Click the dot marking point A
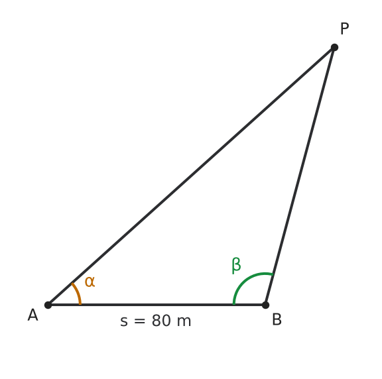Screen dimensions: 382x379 pos(48,305)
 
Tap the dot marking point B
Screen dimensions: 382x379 pos(265,305)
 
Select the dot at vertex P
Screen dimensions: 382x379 pos(334,48)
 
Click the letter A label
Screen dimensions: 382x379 pos(33,315)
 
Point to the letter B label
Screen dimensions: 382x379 pos(277,319)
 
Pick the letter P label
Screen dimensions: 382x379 pos(344,28)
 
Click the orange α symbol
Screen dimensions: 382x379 pos(90,282)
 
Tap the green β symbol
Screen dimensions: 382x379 pos(236,265)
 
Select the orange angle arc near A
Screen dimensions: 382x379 pos(78,293)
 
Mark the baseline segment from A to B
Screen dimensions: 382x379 pos(157,305)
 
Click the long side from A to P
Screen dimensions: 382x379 pos(191,176)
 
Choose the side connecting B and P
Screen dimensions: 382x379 pos(300,176)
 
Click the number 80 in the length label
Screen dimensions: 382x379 pos(161,321)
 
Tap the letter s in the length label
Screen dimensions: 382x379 pos(124,322)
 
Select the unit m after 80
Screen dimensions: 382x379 pos(184,322)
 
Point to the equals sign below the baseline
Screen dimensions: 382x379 pos(139,321)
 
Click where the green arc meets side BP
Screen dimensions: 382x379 pos(273,274)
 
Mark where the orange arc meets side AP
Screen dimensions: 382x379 pos(72,284)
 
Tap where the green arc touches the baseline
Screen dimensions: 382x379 pos(234,304)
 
